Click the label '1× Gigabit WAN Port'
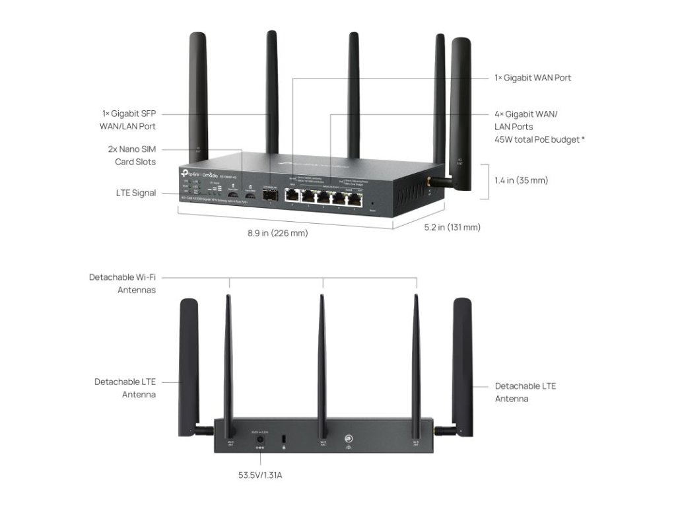pos(533,78)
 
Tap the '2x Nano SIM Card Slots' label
pos(131,156)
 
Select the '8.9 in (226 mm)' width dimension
pos(277,233)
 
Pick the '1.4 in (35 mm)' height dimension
pos(521,180)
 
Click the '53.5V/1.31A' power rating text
pos(260,474)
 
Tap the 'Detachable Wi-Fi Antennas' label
pos(123,283)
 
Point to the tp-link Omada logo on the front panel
pos(197,172)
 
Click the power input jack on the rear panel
pos(259,438)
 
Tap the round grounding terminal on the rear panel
pos(347,438)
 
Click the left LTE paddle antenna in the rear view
pos(189,366)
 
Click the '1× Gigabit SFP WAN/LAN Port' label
pos(129,119)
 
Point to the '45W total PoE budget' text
pos(539,139)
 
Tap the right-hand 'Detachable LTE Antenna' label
pos(525,392)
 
